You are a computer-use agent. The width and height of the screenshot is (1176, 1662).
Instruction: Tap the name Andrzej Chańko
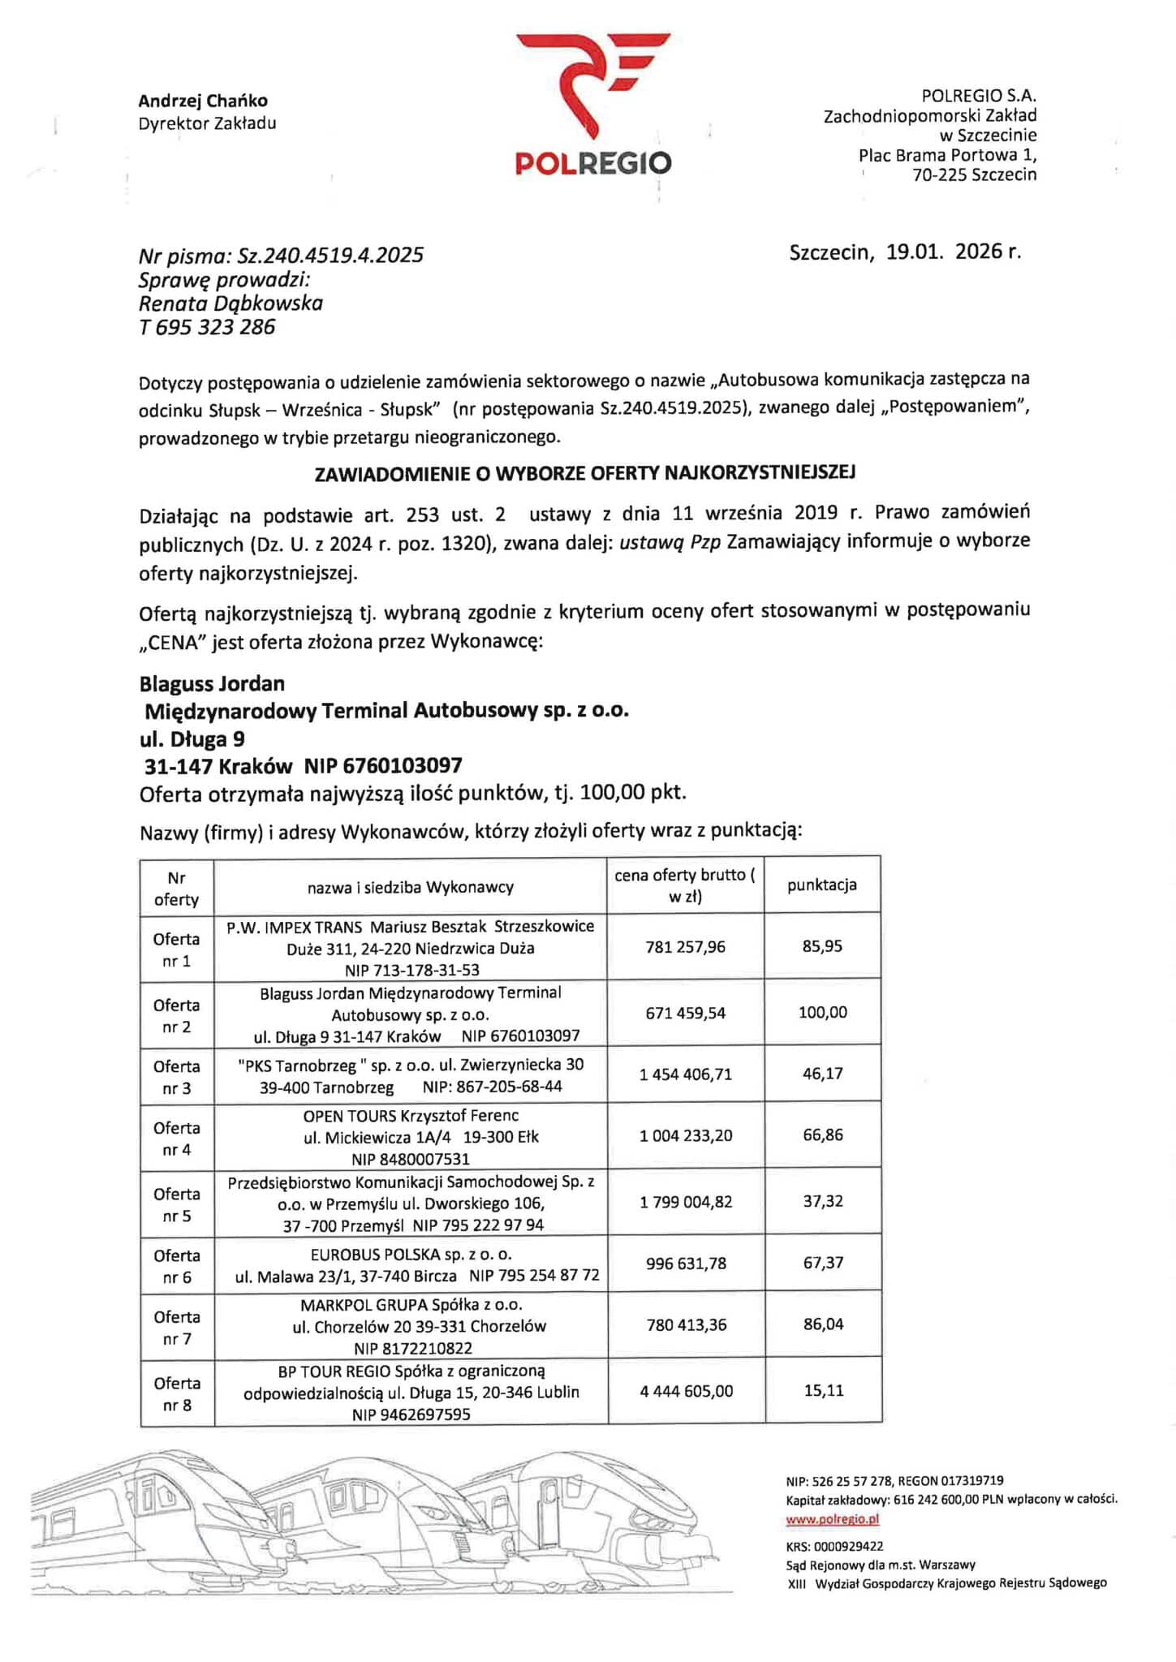(202, 101)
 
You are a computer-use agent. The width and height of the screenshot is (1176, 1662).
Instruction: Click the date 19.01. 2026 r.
(953, 252)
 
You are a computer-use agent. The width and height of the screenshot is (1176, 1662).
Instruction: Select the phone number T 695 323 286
(207, 327)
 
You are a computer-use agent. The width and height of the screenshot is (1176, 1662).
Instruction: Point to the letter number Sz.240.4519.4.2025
(330, 256)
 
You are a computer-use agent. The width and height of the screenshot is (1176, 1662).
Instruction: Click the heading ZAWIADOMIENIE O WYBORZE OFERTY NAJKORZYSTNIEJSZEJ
(584, 472)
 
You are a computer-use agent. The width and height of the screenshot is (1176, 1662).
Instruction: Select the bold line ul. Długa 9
(192, 738)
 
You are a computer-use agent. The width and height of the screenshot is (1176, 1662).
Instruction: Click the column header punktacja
(821, 885)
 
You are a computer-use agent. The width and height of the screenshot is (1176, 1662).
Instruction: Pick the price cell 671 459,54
(685, 1013)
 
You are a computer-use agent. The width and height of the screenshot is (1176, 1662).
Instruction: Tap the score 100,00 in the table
(822, 1012)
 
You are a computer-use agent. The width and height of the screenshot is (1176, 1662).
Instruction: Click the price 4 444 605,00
(686, 1391)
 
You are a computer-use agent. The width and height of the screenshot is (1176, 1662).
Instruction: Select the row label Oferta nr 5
(176, 1204)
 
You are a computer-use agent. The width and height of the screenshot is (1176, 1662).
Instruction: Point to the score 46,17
(822, 1074)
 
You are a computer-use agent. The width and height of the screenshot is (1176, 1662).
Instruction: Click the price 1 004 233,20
(686, 1135)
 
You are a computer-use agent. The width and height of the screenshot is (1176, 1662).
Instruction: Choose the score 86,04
(823, 1324)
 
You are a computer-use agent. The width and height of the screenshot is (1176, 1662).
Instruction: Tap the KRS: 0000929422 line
(834, 1546)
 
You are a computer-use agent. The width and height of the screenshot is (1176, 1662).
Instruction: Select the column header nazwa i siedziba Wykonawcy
(410, 887)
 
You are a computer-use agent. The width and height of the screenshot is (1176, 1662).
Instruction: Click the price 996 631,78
(686, 1264)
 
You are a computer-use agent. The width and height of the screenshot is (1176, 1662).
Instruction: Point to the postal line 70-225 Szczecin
(974, 174)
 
